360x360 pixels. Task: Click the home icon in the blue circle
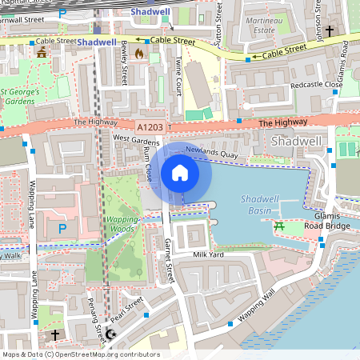point(180,172)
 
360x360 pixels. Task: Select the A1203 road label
point(150,126)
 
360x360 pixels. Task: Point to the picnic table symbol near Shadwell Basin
point(281,226)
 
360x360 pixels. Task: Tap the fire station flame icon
point(141,54)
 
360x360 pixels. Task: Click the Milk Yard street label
point(209,254)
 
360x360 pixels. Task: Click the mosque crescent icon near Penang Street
point(110,333)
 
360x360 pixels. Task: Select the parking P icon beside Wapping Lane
point(62,229)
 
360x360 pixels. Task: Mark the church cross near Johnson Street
point(329,30)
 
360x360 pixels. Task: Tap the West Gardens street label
point(130,138)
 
